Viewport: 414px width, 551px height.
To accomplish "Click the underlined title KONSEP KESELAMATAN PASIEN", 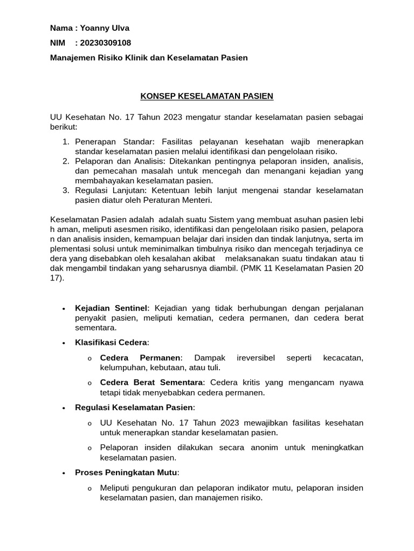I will point(207,96).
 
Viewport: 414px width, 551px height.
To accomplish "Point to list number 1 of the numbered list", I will point(65,142).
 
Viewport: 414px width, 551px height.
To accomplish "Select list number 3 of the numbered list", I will point(65,190).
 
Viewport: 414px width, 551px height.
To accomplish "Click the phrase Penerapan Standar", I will point(114,142).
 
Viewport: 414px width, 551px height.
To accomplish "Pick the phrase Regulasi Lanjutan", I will point(112,190).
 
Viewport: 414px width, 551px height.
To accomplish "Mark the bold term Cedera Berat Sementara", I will point(152,383).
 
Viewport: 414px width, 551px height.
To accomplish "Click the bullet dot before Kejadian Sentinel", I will point(64,309).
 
